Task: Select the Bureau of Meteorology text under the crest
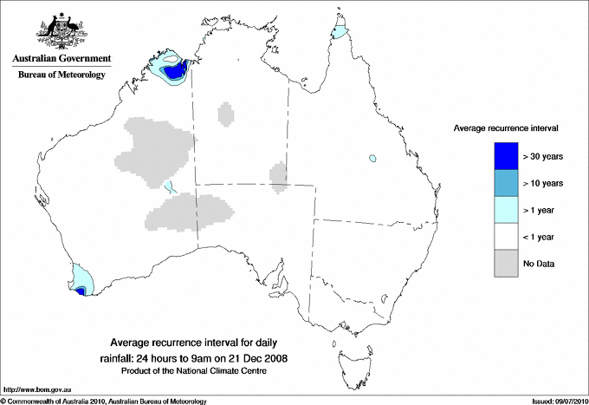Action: point(61,75)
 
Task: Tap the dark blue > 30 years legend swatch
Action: point(506,156)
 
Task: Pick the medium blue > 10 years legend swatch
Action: point(506,183)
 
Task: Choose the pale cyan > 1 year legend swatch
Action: point(506,210)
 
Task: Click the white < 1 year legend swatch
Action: point(506,237)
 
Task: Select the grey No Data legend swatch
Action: point(506,264)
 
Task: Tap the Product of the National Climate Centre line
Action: point(199,371)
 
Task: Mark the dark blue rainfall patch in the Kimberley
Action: point(178,71)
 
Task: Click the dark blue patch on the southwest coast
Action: point(81,292)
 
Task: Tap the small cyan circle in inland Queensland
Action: point(372,159)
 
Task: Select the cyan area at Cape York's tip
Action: point(340,34)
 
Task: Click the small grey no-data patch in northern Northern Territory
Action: point(226,114)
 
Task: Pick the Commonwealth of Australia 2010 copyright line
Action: point(104,401)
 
